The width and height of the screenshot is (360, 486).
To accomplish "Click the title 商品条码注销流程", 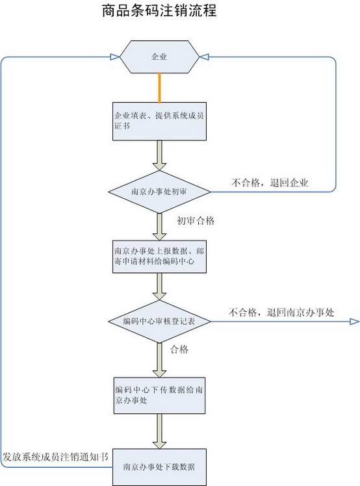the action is click(x=159, y=10).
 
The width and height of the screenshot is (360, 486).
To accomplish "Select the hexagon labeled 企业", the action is click(x=159, y=57).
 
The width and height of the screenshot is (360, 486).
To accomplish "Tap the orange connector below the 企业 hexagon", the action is click(x=159, y=88).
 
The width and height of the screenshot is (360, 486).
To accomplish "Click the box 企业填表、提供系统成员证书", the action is click(x=159, y=122).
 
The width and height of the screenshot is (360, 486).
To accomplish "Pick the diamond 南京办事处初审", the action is click(x=159, y=192).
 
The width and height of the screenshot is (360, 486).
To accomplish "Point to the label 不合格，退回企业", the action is click(x=270, y=183).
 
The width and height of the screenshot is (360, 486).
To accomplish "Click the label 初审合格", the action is click(x=196, y=221).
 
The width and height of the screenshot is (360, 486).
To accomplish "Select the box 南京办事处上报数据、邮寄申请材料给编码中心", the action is click(x=159, y=257).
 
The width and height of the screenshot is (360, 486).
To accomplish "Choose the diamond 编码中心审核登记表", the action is click(x=159, y=322).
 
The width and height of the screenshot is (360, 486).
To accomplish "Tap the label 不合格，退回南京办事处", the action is click(x=281, y=313).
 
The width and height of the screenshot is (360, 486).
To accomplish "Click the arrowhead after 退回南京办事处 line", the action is click(x=354, y=322).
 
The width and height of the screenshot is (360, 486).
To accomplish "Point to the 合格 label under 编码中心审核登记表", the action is click(x=179, y=350).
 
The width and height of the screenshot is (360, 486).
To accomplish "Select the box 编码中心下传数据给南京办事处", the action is click(x=159, y=395).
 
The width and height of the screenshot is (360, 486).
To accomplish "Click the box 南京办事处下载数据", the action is click(x=159, y=467).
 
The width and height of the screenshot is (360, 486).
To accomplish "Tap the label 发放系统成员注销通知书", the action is click(x=56, y=457).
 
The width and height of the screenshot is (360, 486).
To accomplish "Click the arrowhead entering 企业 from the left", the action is click(x=115, y=57).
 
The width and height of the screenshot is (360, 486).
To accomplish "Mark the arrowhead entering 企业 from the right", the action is click(x=204, y=57).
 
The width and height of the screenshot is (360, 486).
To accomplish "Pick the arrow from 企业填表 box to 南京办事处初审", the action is click(x=159, y=155).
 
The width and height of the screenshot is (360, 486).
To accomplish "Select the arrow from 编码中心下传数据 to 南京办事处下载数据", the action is click(x=159, y=431).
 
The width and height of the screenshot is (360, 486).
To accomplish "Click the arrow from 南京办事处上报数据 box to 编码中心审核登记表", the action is click(x=159, y=287).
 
